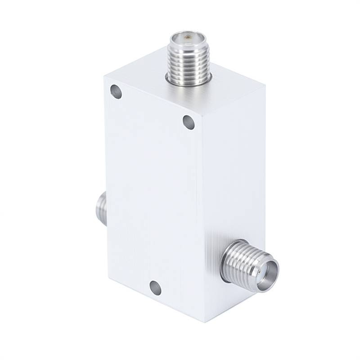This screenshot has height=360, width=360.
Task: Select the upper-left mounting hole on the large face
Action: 116,93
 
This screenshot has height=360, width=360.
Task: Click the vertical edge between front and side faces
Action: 203,216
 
